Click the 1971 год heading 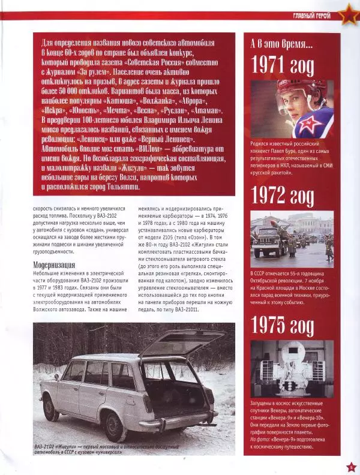tap(282, 64)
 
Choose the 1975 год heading tap(282, 326)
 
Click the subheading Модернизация tap(53, 264)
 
